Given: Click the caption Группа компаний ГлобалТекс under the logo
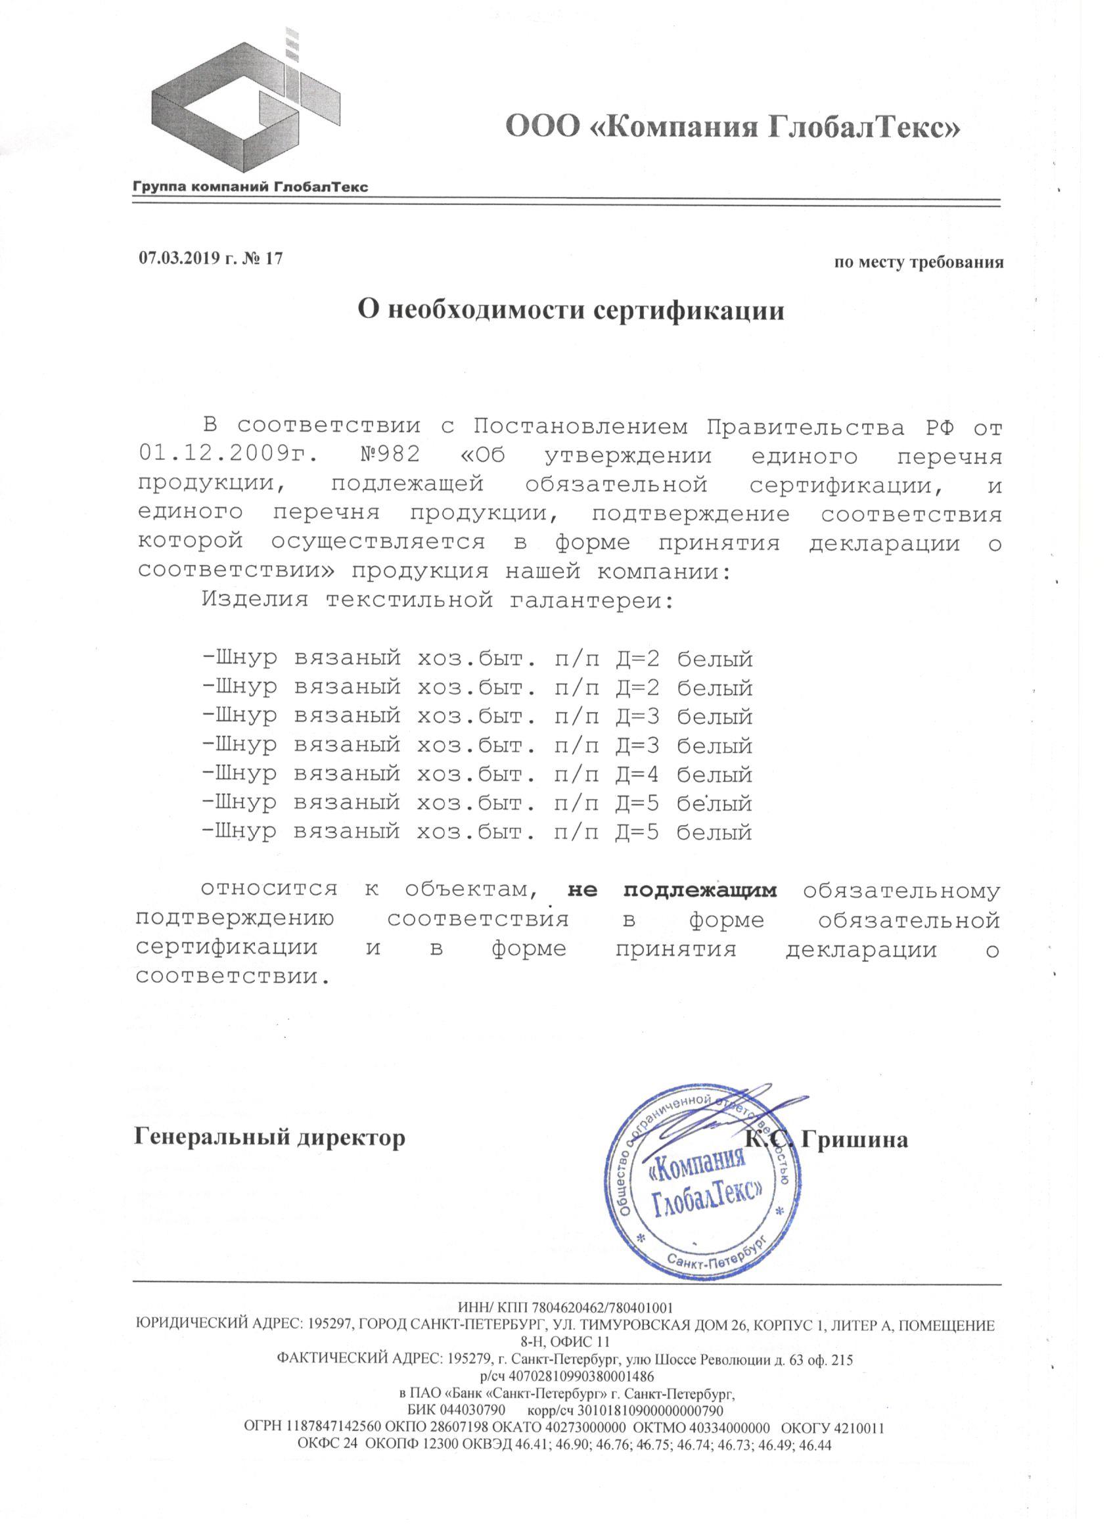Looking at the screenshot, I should [250, 186].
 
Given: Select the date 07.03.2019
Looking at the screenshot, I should [179, 258].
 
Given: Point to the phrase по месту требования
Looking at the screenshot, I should [919, 263].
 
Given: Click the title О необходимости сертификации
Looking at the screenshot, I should [570, 310].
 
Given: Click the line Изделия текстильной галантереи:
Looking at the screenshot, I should [438, 600].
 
